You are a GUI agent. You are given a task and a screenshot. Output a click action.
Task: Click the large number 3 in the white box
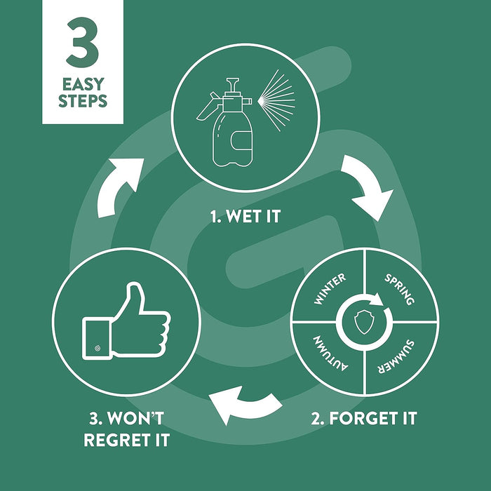83,42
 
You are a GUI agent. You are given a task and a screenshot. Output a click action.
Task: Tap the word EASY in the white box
83,84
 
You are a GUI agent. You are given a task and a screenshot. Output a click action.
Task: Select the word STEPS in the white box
83,101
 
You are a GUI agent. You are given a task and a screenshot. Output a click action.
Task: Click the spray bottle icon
224,122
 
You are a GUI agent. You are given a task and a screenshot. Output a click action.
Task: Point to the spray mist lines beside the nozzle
276,100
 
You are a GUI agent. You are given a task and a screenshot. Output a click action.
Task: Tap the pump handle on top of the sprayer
233,86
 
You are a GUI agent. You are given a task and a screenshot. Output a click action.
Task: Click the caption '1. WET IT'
245,216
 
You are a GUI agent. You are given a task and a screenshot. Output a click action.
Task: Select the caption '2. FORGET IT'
364,418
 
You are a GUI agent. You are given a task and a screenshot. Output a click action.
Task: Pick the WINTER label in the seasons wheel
330,288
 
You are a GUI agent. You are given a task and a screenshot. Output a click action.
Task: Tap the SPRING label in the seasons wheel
400,289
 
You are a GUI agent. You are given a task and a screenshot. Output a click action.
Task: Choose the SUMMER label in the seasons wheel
396,356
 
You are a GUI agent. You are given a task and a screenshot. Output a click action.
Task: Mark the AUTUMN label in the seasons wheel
330,354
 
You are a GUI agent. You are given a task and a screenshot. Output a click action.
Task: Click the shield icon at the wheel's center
364,321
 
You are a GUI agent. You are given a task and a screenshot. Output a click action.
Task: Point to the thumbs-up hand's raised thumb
135,299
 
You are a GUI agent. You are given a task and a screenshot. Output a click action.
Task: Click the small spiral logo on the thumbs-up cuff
97,348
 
